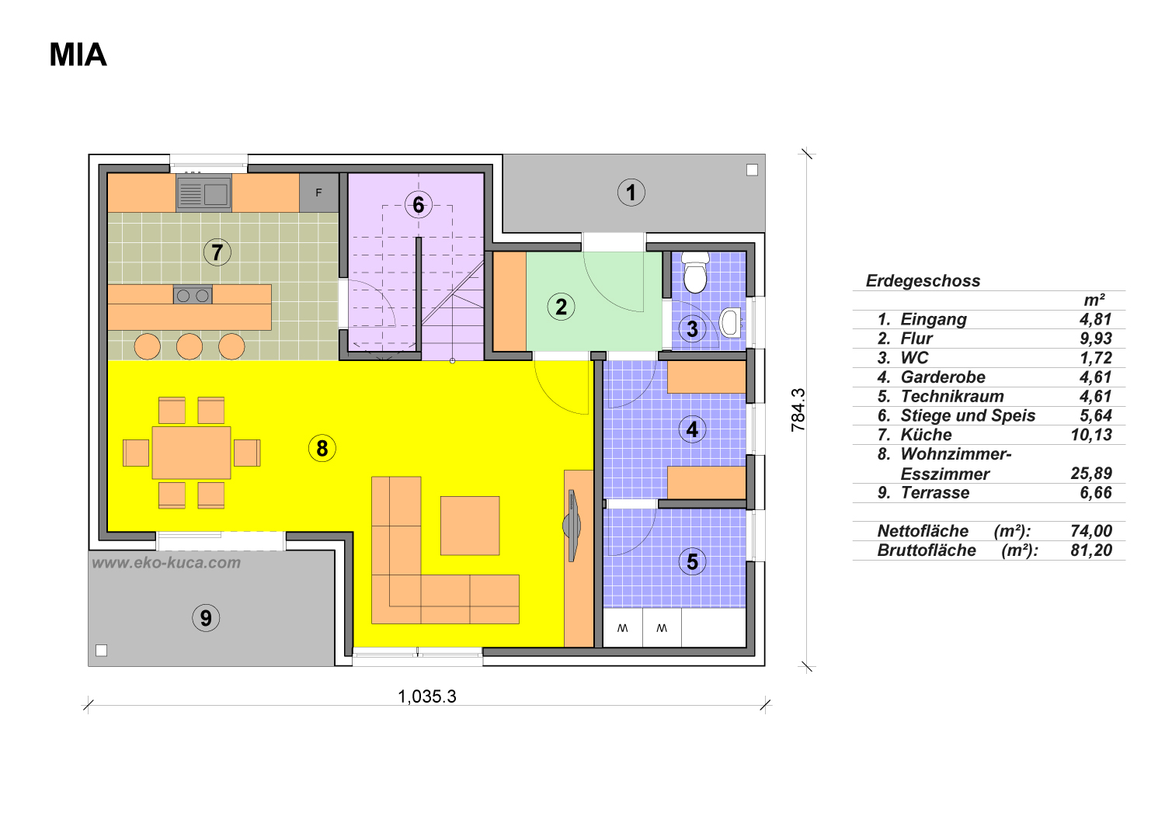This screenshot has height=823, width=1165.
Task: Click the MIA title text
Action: coord(78,54)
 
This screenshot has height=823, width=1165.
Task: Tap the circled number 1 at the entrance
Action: coord(631,193)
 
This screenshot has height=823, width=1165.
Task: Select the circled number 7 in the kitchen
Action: coord(217,252)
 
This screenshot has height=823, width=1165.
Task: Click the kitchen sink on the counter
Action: coord(203,193)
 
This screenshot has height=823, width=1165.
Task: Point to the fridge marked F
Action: coord(318,193)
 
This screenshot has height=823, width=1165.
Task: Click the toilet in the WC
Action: coord(695,273)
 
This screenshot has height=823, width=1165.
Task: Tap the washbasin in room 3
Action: coord(730,323)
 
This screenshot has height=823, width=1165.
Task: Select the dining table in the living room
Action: coord(191,453)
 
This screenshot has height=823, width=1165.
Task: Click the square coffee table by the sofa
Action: coord(470,526)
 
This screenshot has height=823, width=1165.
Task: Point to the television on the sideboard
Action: coord(572,526)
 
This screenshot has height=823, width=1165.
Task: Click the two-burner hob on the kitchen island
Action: coord(193,295)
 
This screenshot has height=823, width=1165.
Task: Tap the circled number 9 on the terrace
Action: coord(206,618)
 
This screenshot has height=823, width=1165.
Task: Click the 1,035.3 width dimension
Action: coord(427,696)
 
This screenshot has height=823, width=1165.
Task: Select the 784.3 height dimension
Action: coord(798,410)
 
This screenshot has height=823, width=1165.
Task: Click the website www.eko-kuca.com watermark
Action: coord(166,563)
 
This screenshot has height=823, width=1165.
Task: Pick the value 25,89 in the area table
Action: coord(1091,473)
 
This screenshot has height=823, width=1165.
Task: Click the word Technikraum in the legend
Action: coord(952,396)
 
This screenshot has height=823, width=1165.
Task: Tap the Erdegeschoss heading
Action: coord(923,281)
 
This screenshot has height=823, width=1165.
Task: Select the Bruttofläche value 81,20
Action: coord(1091,550)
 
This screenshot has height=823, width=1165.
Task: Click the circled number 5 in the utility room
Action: coord(692,561)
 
